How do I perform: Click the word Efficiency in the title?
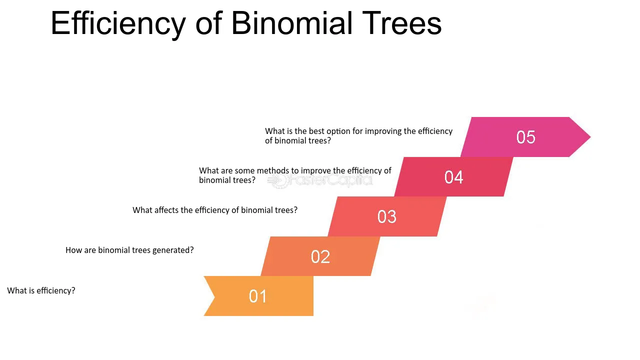(x=118, y=23)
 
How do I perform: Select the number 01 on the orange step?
(x=258, y=296)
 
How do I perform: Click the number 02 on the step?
(x=320, y=256)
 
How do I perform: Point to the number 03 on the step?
(x=386, y=216)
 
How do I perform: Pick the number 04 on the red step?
(x=453, y=177)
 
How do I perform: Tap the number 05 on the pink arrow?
(x=525, y=137)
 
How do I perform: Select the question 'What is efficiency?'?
(x=41, y=290)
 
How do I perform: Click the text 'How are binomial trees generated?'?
(x=129, y=250)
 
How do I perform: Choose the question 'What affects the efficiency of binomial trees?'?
(x=215, y=210)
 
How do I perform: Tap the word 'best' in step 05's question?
(x=316, y=131)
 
